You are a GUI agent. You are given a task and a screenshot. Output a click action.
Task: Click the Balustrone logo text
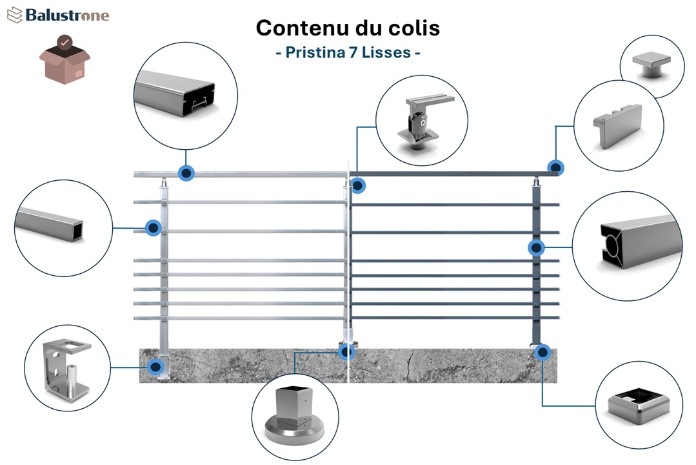click(67, 15)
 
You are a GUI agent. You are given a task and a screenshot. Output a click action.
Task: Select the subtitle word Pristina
click(312, 52)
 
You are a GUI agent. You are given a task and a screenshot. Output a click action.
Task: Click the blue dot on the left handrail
click(187, 173)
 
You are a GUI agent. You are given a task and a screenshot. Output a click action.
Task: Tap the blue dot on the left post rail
click(154, 227)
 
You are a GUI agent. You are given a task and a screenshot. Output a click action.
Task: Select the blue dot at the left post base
click(155, 367)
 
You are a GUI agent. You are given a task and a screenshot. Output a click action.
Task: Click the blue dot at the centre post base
click(347, 352)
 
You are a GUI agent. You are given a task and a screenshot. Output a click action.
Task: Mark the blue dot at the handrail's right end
click(555, 168)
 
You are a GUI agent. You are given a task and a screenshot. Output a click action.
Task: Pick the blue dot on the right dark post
click(536, 247)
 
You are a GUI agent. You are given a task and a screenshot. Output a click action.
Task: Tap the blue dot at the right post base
click(542, 353)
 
